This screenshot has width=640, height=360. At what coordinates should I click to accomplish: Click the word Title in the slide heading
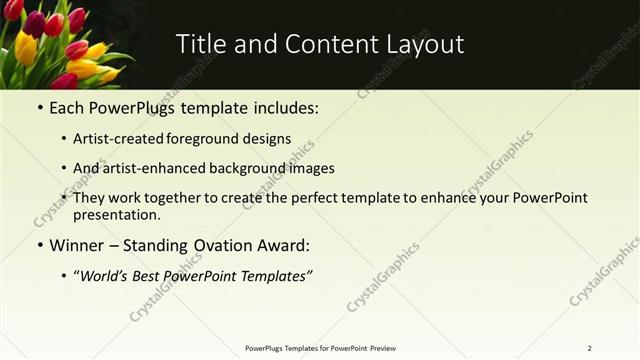tap(200, 44)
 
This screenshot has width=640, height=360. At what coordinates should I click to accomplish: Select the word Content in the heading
tap(318, 44)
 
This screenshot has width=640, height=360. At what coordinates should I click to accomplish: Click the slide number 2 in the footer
tap(589, 348)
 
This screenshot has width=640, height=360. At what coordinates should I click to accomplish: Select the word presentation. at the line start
tap(116, 214)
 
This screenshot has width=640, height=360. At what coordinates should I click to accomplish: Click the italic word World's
tap(107, 276)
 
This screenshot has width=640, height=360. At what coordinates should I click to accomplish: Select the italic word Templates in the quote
tap(273, 276)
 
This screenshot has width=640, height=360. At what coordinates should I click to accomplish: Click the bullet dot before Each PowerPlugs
tap(39, 106)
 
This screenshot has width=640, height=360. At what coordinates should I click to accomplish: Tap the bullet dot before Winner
tap(39, 245)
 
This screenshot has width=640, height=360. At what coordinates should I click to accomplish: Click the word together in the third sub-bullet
tap(175, 198)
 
